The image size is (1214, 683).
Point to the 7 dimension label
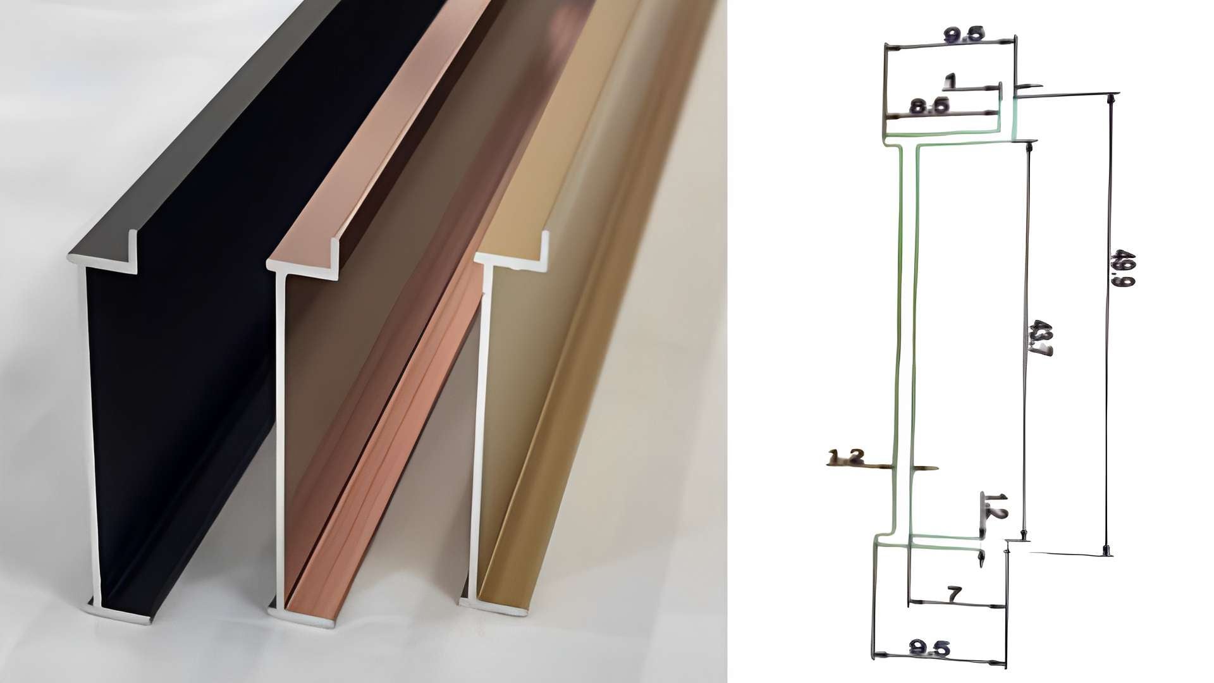coord(954,594)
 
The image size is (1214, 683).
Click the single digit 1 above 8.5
coord(950,81)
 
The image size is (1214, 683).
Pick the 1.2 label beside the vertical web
coord(846,457)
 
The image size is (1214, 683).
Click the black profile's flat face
coord(183,379)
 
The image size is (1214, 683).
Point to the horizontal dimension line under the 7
coord(956,603)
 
